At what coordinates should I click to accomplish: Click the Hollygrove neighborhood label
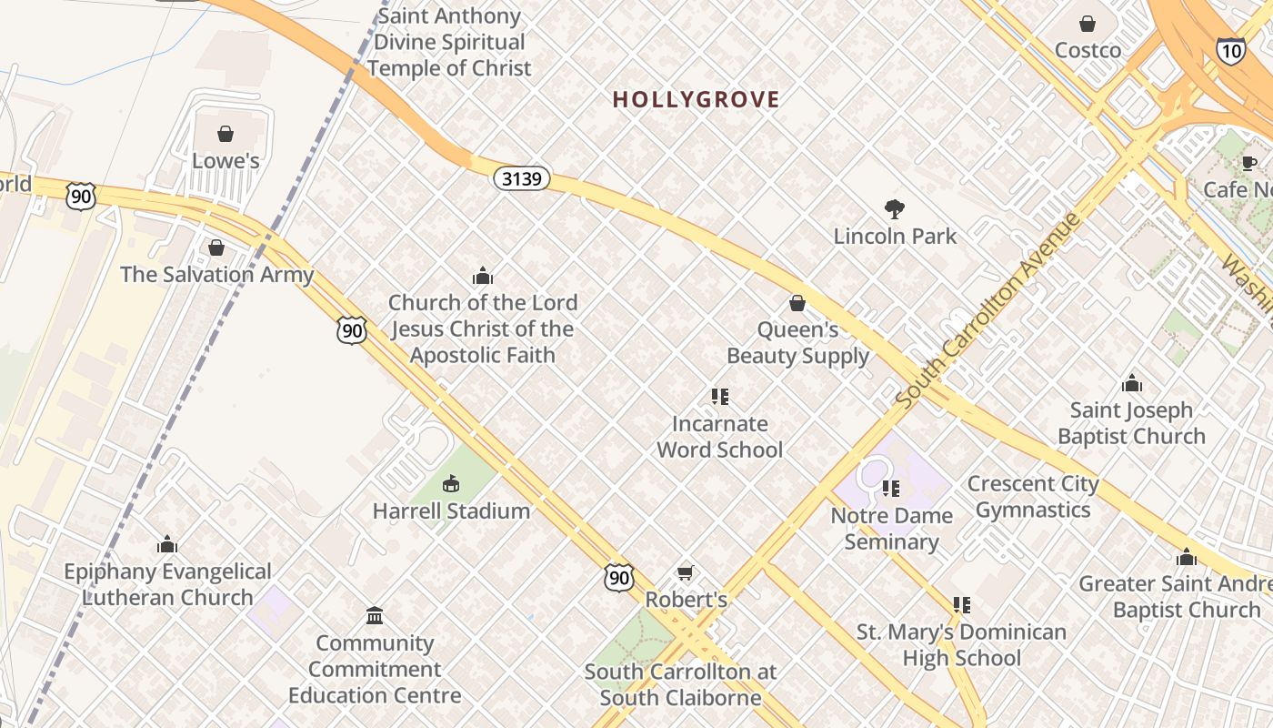point(696,99)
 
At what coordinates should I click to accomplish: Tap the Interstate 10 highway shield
point(1229,51)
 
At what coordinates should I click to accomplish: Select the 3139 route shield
point(522,178)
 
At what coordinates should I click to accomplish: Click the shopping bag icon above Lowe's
point(226,134)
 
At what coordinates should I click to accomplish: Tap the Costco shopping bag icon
point(1088,24)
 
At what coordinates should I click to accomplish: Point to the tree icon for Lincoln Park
point(895,209)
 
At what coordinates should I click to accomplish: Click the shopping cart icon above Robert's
point(686,572)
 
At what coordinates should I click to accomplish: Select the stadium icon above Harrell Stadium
point(451,483)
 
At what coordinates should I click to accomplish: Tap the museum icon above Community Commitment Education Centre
point(375,616)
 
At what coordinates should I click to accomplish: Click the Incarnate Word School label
point(719,437)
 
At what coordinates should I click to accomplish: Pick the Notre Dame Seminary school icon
point(891,489)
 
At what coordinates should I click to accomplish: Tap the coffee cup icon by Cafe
point(1249,163)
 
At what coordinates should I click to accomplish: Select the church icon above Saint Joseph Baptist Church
point(1131,383)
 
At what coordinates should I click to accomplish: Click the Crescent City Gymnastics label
point(1033,497)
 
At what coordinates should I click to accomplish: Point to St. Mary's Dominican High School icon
point(961,605)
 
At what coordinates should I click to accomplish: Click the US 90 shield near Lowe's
point(80,196)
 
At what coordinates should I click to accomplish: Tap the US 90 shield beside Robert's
point(618,578)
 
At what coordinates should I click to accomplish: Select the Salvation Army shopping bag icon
point(216,248)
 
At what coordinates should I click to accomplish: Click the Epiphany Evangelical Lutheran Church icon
point(166,544)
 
